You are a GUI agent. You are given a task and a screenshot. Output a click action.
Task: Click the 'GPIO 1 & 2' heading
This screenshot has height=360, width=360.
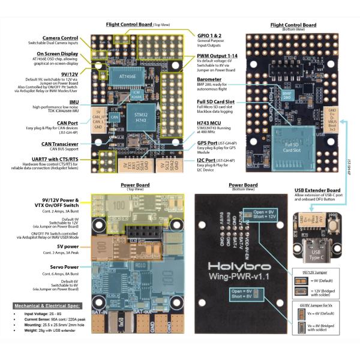pos(212,36)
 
